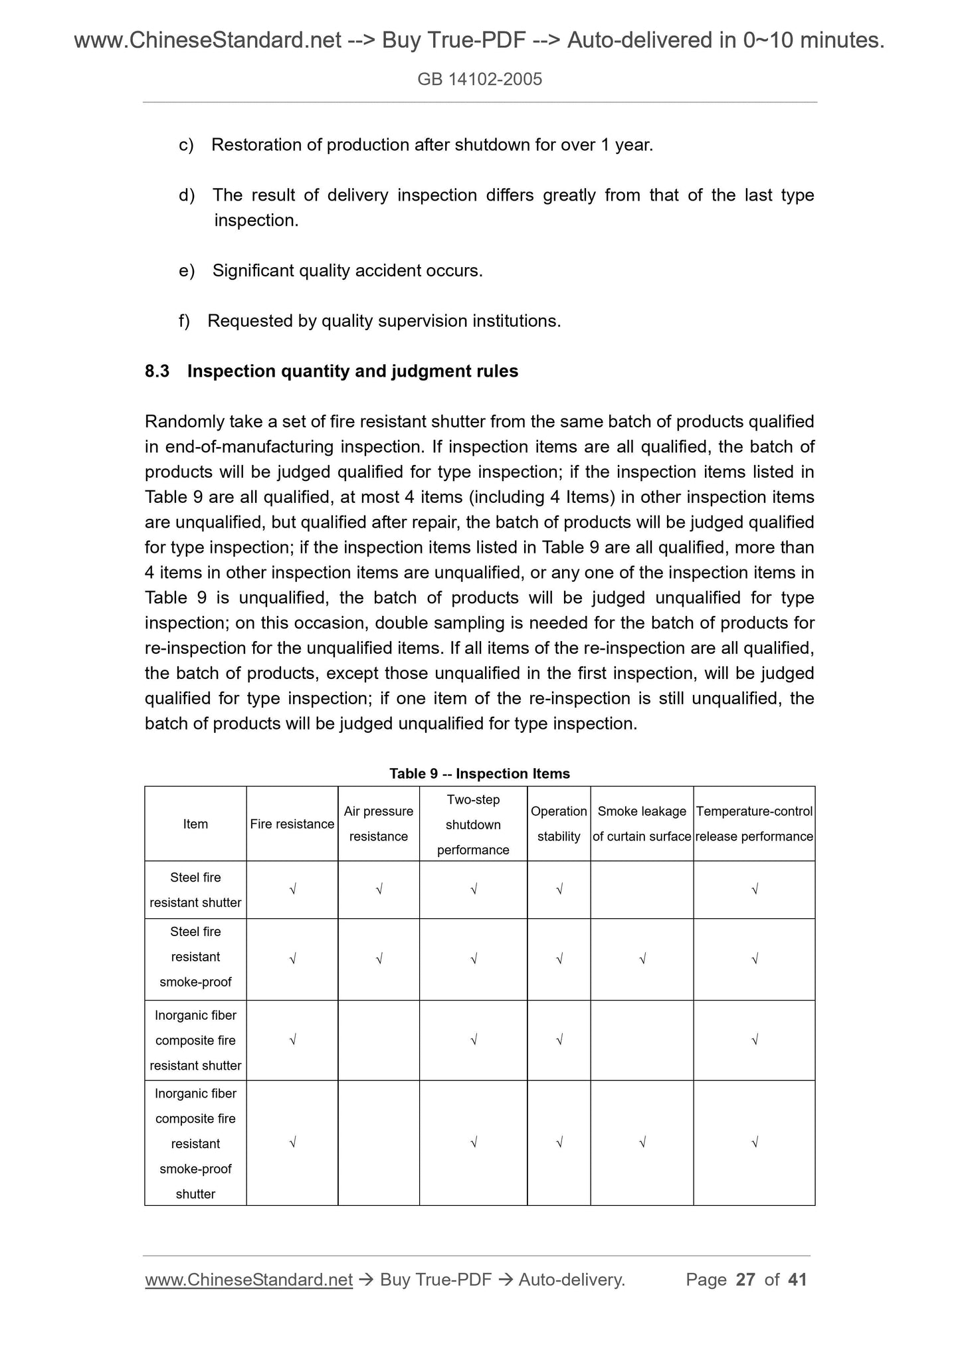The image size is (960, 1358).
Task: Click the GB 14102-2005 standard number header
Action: (x=480, y=80)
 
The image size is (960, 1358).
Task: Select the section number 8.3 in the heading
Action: (x=157, y=371)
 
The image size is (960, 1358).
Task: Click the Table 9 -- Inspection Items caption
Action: (x=479, y=773)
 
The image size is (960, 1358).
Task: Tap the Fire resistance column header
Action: (x=292, y=824)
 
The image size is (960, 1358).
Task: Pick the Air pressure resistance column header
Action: (x=378, y=824)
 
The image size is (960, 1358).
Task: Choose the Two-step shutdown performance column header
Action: (x=473, y=824)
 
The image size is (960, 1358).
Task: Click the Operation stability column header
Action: (x=558, y=824)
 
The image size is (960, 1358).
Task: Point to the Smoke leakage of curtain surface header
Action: (x=641, y=824)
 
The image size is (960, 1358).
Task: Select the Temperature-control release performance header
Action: (x=753, y=824)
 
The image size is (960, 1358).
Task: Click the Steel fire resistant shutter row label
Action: (x=195, y=890)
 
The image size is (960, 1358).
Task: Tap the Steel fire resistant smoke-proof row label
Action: (x=195, y=957)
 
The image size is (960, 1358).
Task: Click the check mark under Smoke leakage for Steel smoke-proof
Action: (x=642, y=959)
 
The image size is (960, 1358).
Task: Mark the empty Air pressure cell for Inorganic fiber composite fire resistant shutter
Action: (x=378, y=1040)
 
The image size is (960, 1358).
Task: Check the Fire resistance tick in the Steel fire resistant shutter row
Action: (x=292, y=890)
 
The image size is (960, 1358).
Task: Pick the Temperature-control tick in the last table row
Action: (x=754, y=1143)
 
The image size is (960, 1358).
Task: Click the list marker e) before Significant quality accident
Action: (x=187, y=271)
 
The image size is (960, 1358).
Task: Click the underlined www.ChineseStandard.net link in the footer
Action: (x=248, y=1280)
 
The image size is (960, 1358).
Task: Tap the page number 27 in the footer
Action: (x=745, y=1280)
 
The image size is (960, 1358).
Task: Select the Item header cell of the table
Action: (x=195, y=824)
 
